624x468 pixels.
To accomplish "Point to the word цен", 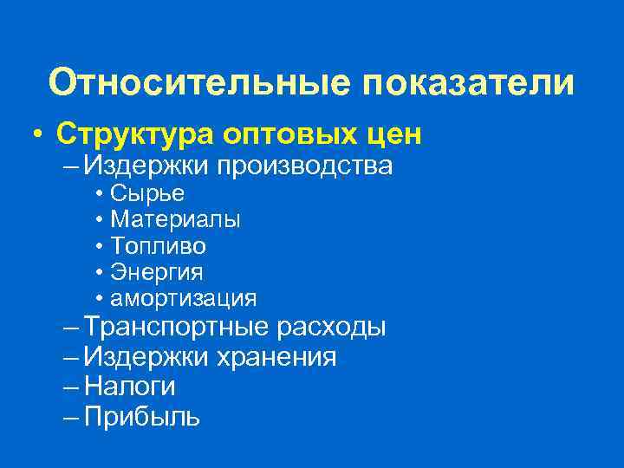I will point(394,133).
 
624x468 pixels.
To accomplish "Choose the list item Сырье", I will point(147,193).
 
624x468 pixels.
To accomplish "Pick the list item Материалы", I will point(176,220).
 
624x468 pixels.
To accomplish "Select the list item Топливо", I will point(159,246).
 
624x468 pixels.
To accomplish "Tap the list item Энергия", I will point(157,272).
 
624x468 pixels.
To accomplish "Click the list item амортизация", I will point(184,299).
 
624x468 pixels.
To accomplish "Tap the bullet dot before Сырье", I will point(101,194).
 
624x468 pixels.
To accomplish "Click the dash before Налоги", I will point(72,387).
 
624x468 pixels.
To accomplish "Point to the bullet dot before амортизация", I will point(101,299).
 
